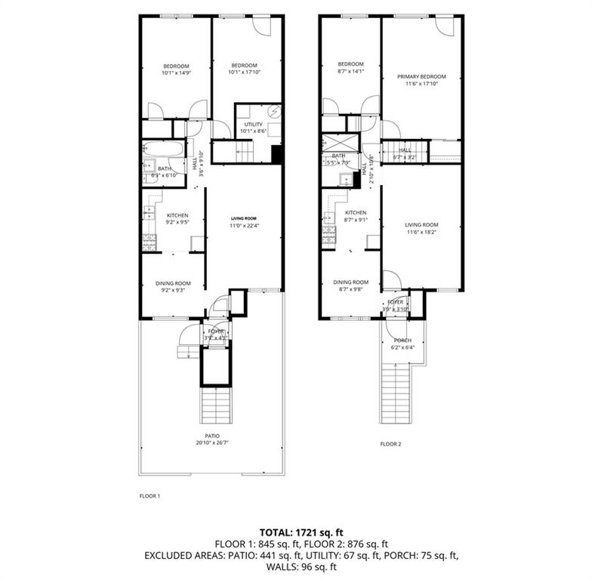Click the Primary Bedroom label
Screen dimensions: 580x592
[x=421, y=76]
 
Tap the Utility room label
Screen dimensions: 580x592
[x=253, y=125]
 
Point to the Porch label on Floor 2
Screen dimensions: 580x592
[x=402, y=340]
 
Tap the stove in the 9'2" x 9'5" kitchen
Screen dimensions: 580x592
[x=150, y=242]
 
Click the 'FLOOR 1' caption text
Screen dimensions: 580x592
[x=150, y=496]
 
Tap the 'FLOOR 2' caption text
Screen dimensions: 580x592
[x=390, y=444]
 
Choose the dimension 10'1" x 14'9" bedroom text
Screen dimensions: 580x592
[x=175, y=73]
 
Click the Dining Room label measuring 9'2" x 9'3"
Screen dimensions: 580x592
[x=173, y=283]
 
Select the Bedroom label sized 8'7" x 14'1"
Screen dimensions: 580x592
[x=350, y=63]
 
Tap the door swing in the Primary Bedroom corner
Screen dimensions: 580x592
[x=444, y=26]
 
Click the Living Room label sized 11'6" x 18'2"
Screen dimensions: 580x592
[x=421, y=224]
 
